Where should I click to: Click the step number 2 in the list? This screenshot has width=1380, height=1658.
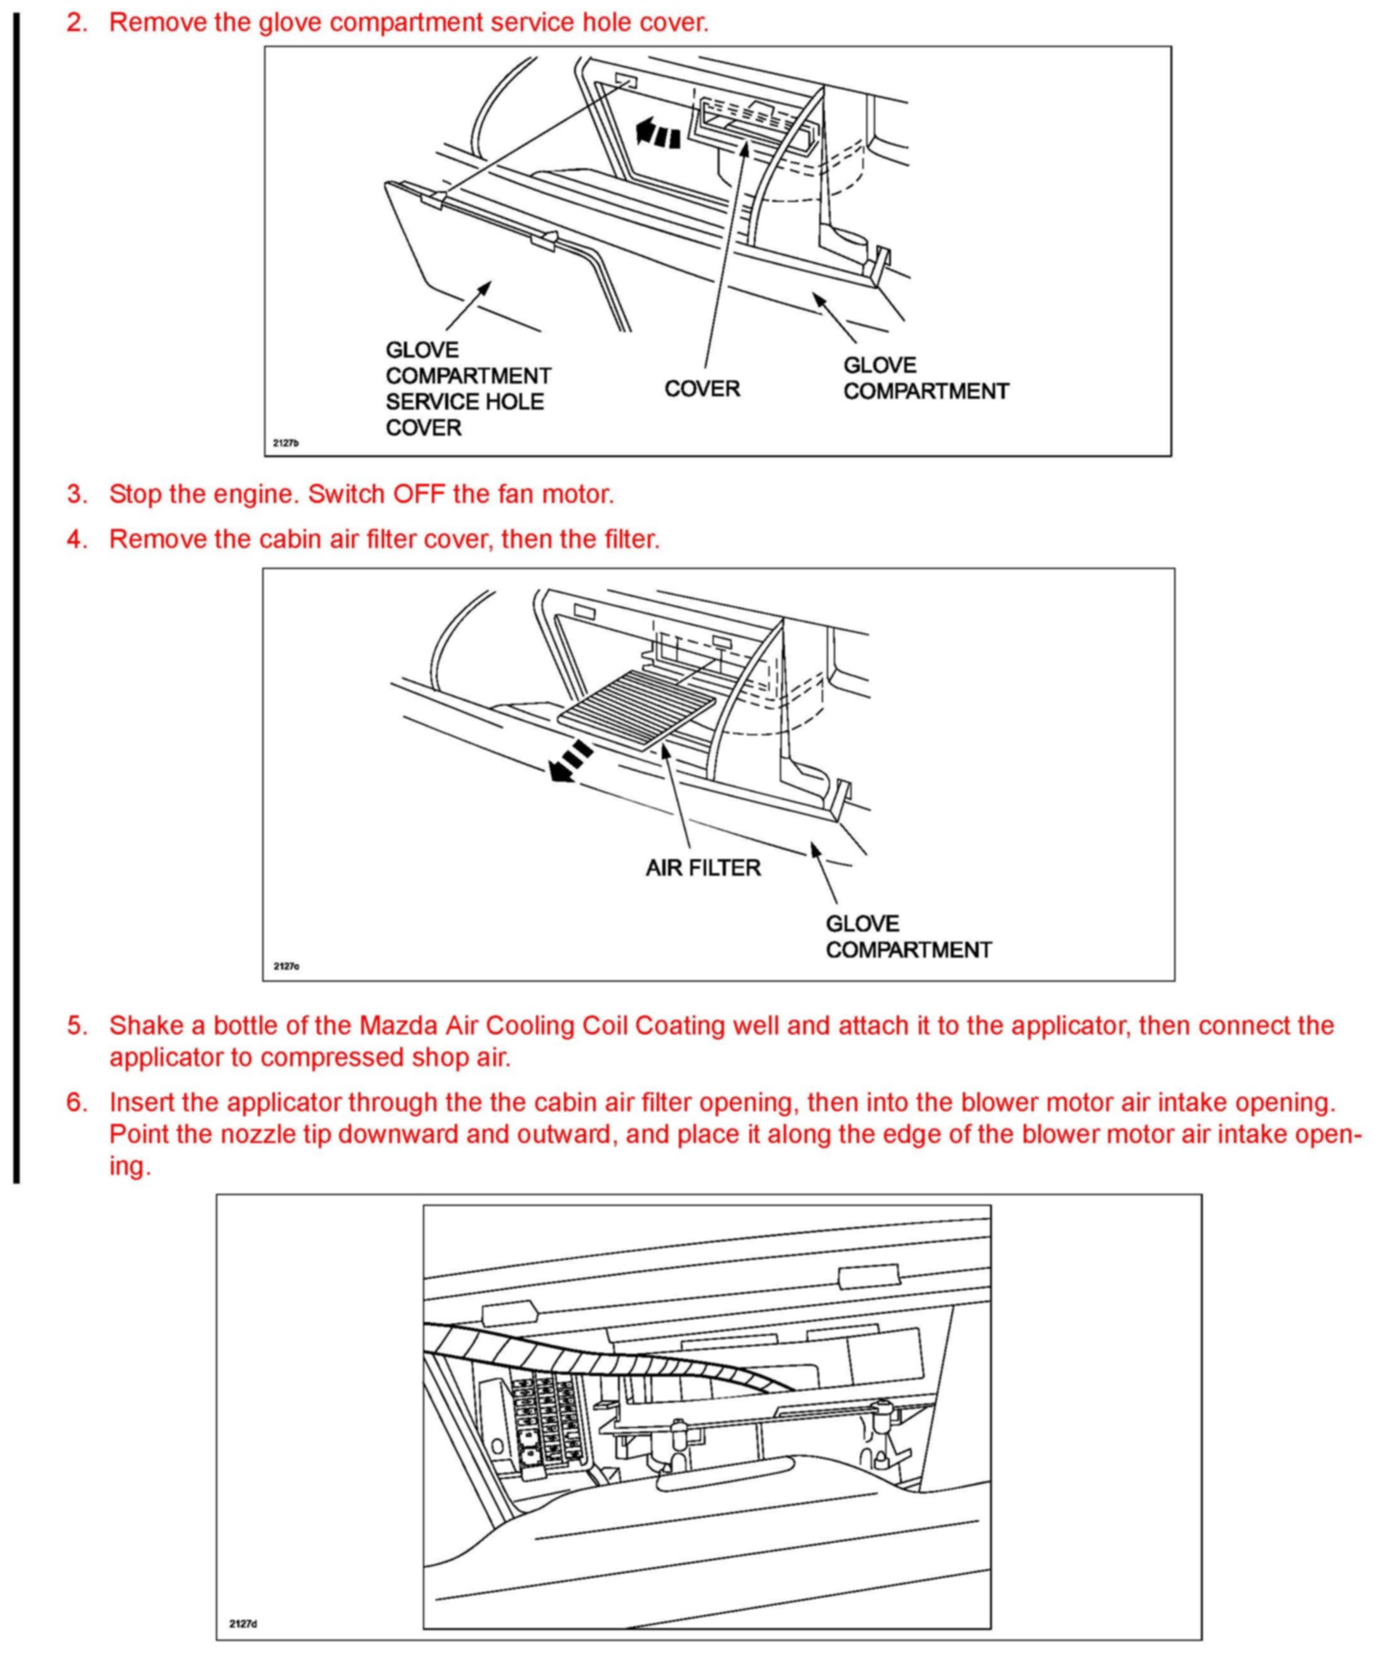(x=77, y=22)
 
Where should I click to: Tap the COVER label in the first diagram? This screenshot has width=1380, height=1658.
(x=702, y=389)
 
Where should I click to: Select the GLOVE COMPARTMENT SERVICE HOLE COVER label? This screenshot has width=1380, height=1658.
(x=467, y=389)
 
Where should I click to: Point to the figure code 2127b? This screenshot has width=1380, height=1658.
(x=286, y=443)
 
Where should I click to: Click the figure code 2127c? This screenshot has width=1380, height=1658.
(x=286, y=966)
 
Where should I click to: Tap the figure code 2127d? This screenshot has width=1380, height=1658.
(x=243, y=1624)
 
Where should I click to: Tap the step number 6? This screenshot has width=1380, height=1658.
(x=77, y=1102)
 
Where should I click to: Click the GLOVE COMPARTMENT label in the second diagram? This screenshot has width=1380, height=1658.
(x=908, y=937)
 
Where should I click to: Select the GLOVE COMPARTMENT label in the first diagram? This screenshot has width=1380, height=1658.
(x=925, y=378)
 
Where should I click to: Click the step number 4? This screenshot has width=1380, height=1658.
(x=77, y=539)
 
